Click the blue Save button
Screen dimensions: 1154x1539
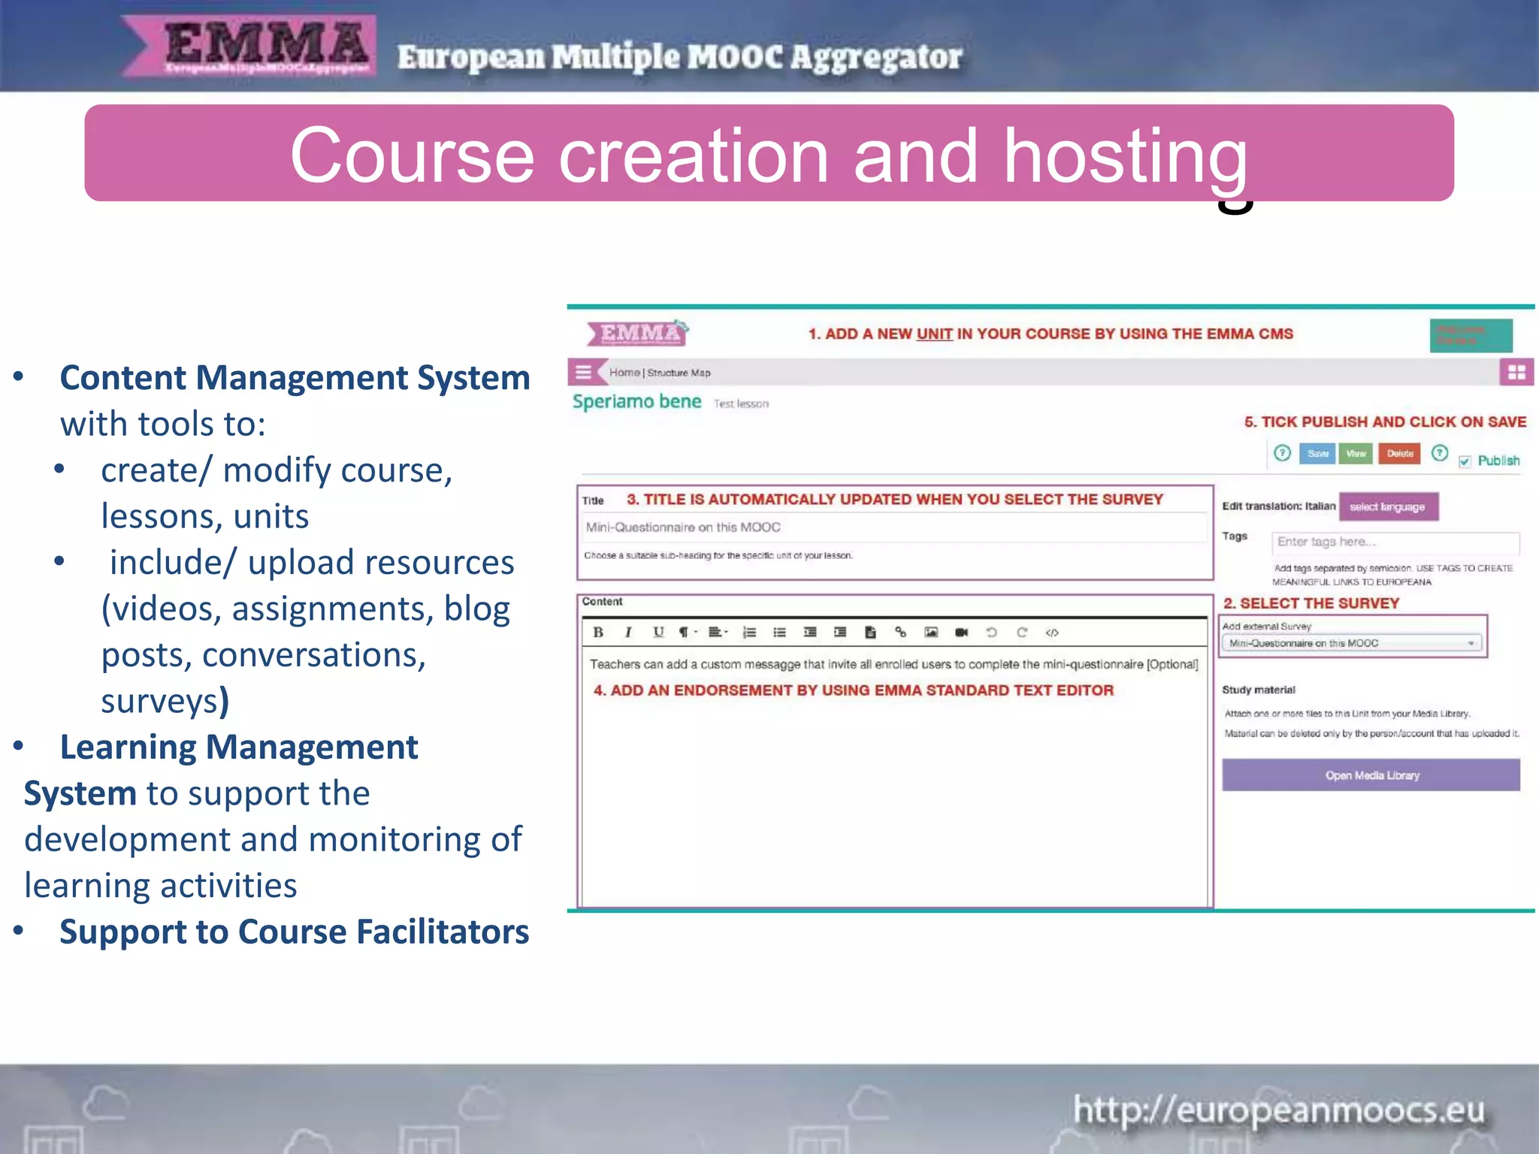(1317, 454)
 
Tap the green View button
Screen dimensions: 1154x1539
(1356, 454)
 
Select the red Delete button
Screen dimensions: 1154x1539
(1399, 454)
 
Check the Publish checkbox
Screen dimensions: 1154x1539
(1465, 461)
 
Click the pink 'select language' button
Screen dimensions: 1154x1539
(1388, 507)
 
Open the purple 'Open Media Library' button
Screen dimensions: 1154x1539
(1371, 775)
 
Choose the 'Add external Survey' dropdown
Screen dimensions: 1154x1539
(1351, 643)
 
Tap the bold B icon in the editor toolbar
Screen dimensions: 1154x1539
(598, 633)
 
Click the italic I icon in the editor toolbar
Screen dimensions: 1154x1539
(628, 633)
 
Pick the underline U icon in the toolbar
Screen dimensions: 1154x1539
(658, 633)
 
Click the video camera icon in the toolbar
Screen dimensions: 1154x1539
(961, 633)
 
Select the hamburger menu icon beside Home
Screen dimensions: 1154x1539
(584, 372)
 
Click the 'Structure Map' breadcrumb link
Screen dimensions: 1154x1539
(679, 373)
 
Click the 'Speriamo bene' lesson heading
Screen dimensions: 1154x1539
(636, 402)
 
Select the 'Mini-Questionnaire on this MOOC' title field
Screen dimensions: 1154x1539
(894, 527)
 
